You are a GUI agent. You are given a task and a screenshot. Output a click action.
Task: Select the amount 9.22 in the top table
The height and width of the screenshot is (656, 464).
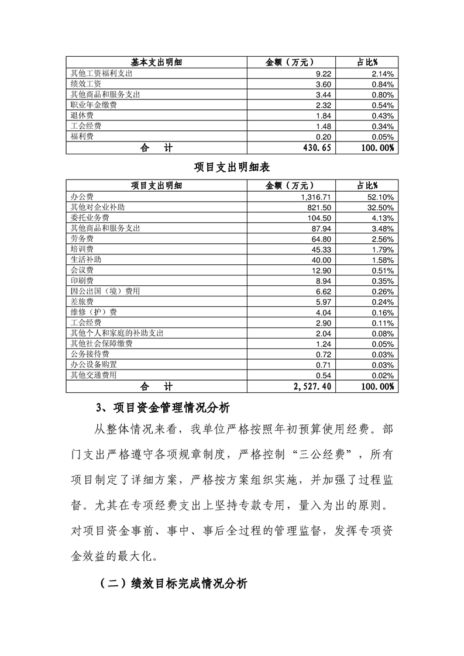pyautogui.click(x=324, y=74)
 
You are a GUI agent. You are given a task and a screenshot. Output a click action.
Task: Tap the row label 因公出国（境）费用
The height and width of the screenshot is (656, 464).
pyautogui.click(x=105, y=291)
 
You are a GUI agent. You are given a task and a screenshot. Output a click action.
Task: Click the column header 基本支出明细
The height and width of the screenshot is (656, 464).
pyautogui.click(x=156, y=63)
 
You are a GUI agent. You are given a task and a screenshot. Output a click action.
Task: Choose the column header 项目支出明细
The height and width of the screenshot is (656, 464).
pyautogui.click(x=156, y=185)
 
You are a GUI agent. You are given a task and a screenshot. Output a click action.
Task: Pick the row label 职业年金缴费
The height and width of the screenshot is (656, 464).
pyautogui.click(x=90, y=105)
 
